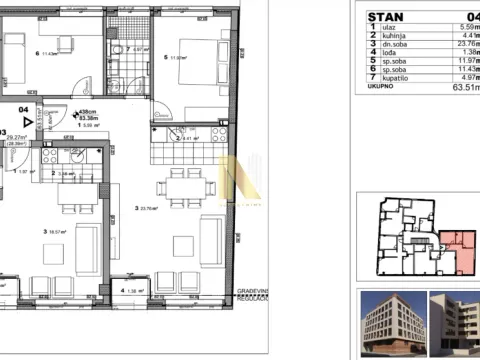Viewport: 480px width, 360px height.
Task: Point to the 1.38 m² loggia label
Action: tap(129, 291)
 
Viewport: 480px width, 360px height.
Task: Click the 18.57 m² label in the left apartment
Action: tap(48, 231)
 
